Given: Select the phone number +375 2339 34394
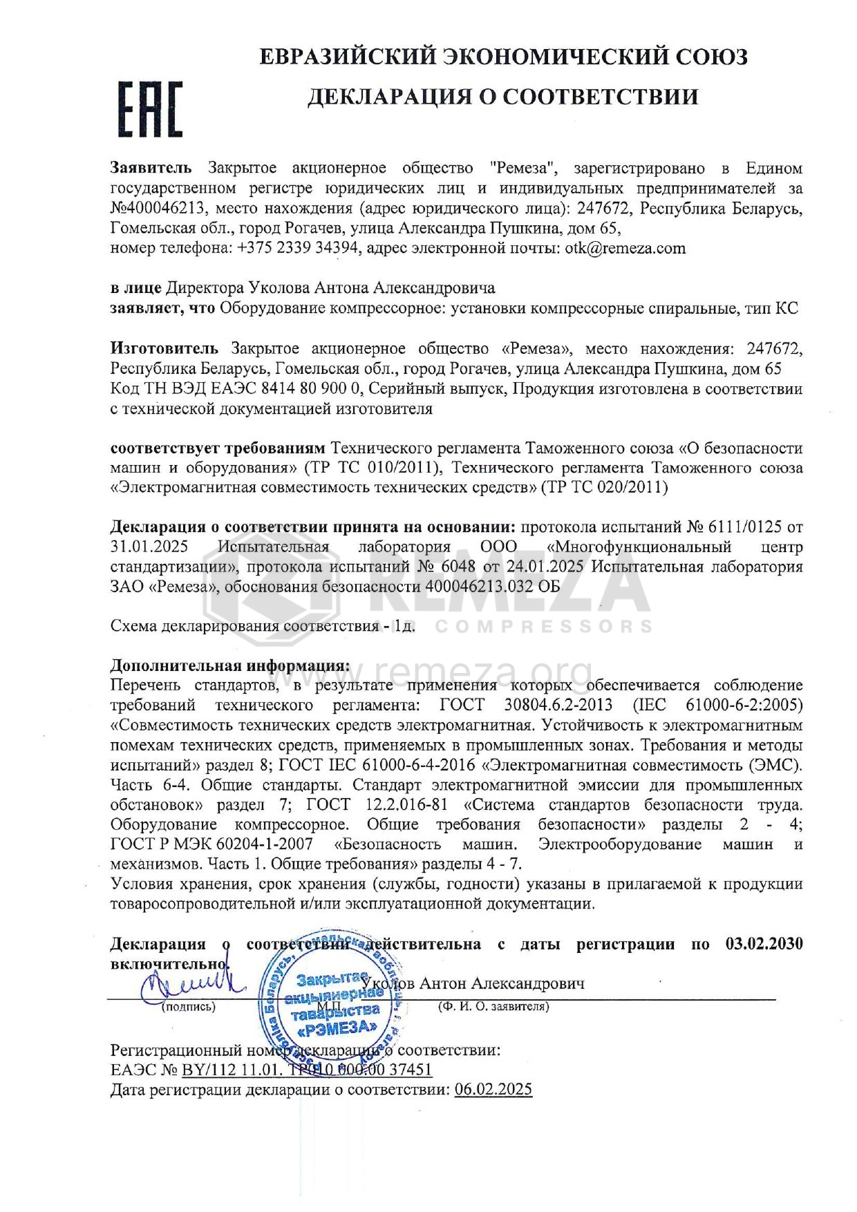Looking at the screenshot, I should pyautogui.click(x=299, y=249).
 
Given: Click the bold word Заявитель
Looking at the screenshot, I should pyautogui.click(x=151, y=169).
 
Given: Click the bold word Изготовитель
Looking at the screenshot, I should pyautogui.click(x=164, y=349).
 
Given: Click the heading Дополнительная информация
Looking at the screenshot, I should pyautogui.click(x=230, y=666).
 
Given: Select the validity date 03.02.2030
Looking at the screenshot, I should pyautogui.click(x=764, y=944).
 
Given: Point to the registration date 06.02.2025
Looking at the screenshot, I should pyautogui.click(x=493, y=1090).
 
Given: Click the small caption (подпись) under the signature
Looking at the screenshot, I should pyautogui.click(x=187, y=1007).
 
